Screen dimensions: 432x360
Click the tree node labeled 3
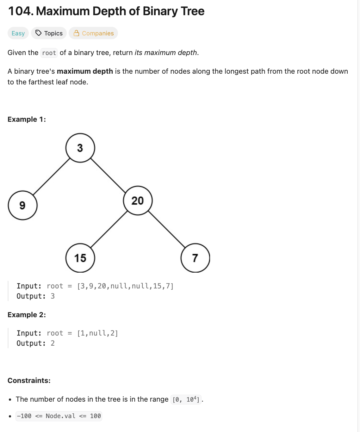(80, 148)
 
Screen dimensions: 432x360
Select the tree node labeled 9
(22, 205)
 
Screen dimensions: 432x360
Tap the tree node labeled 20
(138, 201)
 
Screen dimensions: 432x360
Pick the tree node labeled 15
(80, 258)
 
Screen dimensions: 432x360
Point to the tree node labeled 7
(195, 258)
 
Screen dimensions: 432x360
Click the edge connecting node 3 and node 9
(51, 176)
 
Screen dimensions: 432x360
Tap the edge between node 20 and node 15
(109, 229)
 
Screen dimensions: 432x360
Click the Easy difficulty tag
(18, 33)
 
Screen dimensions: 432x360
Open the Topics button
(49, 33)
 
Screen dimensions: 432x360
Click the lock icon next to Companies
(76, 33)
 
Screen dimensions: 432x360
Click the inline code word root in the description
(49, 53)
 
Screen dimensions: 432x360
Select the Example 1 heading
(27, 119)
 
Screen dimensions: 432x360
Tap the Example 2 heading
(27, 315)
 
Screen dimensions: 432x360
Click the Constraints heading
(29, 380)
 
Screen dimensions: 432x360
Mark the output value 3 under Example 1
(53, 296)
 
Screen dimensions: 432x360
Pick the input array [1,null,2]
(97, 333)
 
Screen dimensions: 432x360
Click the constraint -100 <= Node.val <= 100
(59, 416)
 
